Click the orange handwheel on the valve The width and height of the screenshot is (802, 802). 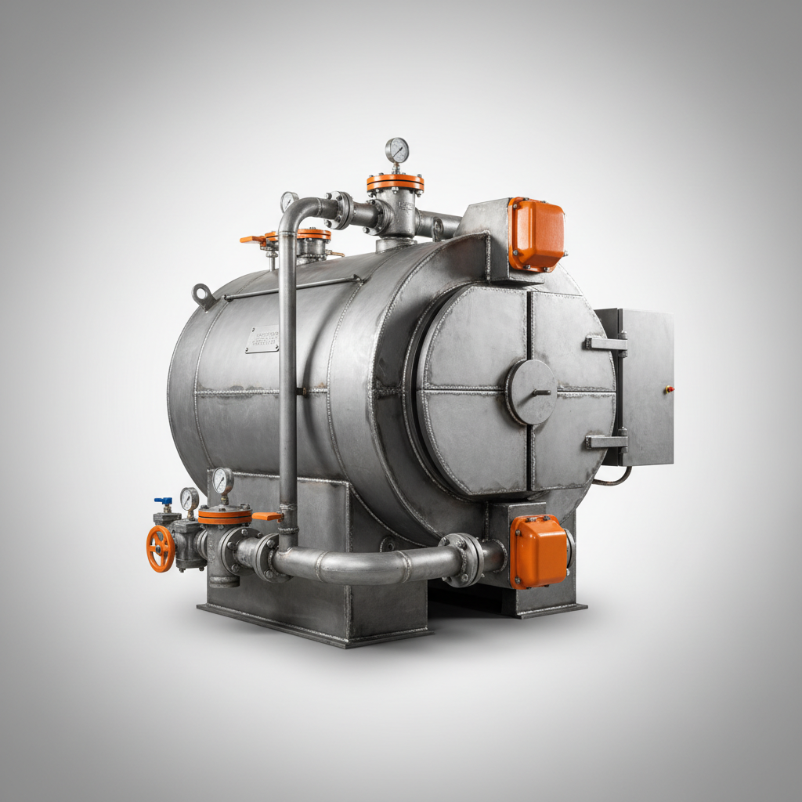(161, 548)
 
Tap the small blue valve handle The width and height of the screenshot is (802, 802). (163, 501)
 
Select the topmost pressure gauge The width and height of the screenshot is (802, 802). (397, 150)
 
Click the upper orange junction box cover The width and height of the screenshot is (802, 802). (536, 234)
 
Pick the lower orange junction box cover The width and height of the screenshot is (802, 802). (539, 551)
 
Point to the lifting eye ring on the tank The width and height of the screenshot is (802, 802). (204, 296)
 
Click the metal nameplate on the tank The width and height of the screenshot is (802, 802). (262, 339)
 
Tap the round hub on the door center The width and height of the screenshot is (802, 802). (532, 392)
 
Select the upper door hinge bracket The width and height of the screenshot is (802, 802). (606, 343)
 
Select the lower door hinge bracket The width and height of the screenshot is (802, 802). (606, 442)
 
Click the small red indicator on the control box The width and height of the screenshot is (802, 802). (668, 388)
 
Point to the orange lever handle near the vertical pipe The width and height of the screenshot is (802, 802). (268, 516)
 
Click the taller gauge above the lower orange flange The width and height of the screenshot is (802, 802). (222, 480)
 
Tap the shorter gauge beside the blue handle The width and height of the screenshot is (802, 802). (190, 498)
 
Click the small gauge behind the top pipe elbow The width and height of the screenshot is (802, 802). (289, 200)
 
